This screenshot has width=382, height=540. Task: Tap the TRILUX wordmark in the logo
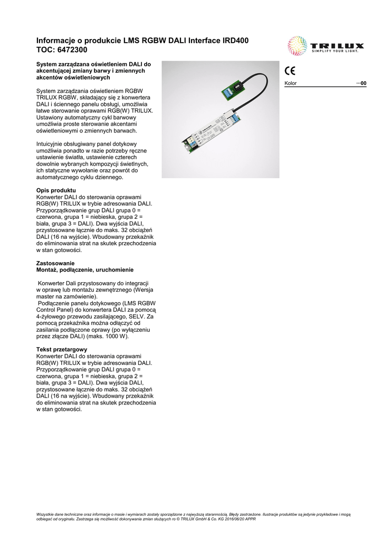point(335,46)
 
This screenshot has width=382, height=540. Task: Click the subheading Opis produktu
point(56,190)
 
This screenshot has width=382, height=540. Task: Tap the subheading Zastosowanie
point(55,263)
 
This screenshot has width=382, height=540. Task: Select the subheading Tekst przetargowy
point(62,350)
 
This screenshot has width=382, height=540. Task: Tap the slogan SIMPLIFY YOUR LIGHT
point(335,52)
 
